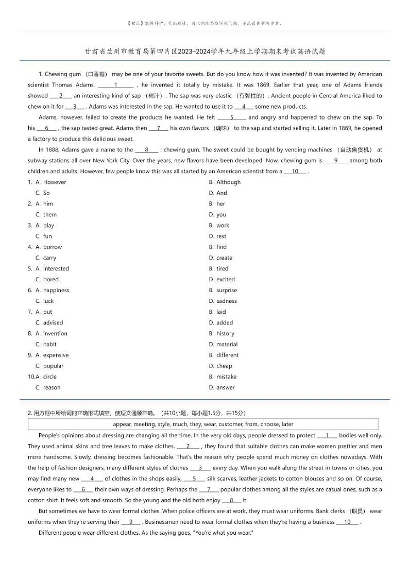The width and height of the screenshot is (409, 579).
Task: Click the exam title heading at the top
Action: click(204, 52)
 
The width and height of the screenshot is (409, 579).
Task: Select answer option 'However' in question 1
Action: click(54, 182)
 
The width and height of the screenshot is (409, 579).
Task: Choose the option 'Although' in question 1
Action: click(228, 182)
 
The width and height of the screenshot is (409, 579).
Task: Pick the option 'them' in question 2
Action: click(49, 214)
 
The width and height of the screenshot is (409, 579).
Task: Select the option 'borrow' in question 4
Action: click(52, 247)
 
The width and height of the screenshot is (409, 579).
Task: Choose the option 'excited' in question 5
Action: click(225, 279)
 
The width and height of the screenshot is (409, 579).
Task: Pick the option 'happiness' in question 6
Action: click(56, 290)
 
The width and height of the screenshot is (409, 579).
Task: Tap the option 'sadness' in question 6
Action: click(226, 301)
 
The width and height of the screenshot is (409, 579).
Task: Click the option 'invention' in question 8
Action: click(55, 333)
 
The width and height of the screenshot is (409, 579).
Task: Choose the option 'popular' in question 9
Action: click(53, 366)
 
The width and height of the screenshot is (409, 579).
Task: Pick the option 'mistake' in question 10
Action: click(226, 377)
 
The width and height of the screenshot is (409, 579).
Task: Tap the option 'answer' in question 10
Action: click(225, 387)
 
